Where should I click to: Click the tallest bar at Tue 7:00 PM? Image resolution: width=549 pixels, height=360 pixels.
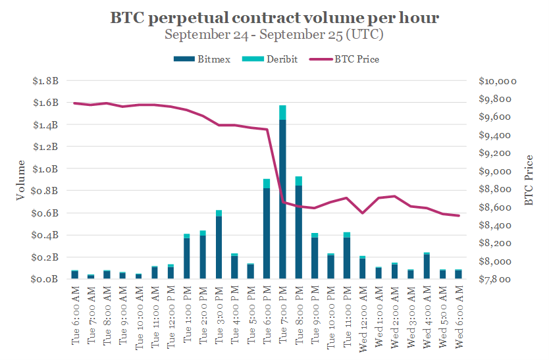[x=282, y=197]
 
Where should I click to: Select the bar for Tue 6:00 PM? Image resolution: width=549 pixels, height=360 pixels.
[x=267, y=230]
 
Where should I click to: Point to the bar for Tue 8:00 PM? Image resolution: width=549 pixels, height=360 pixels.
[x=299, y=230]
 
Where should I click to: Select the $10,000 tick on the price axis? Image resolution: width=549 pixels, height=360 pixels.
[x=497, y=81]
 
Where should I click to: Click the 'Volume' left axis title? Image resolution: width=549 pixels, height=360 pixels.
[x=21, y=180]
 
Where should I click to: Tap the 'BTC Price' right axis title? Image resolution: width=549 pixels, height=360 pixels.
[x=529, y=180]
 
